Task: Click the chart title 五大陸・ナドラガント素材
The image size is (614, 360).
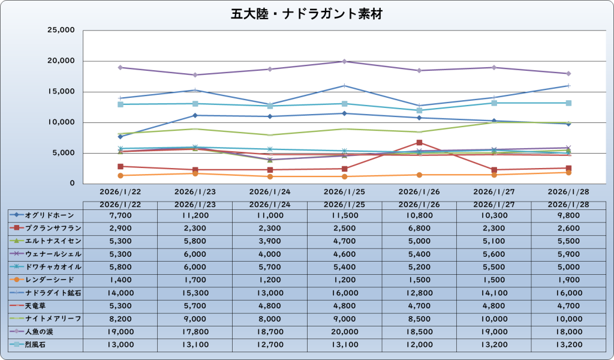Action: point(306,13)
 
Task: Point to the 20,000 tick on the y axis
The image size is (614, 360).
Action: point(61,61)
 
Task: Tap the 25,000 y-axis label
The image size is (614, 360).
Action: point(61,30)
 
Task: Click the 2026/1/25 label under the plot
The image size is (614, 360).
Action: point(344,192)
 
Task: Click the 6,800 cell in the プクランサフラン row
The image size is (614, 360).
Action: point(419,228)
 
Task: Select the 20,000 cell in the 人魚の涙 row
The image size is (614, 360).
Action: point(344,331)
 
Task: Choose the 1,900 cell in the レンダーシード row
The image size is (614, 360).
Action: point(568,280)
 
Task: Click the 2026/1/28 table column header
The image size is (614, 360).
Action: point(568,205)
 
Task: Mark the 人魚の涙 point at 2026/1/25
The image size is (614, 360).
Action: point(344,61)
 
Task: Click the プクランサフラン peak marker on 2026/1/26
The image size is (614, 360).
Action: point(419,142)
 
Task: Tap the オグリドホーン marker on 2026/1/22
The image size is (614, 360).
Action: point(120,137)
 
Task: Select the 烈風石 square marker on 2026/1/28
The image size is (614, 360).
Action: point(568,103)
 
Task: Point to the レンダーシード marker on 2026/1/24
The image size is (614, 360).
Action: point(270,176)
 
